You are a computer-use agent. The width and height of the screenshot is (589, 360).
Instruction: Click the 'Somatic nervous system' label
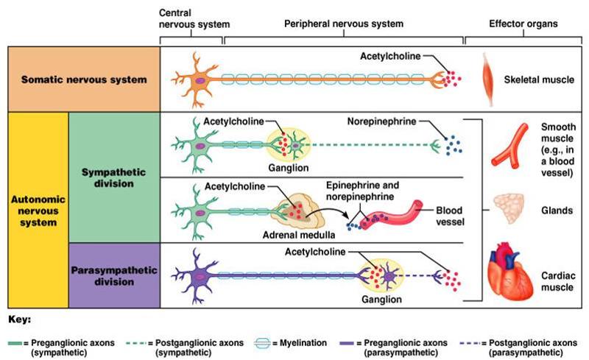[84, 79]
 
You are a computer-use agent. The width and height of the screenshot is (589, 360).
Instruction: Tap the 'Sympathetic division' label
[113, 177]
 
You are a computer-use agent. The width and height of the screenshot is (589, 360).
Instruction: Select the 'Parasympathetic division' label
[114, 275]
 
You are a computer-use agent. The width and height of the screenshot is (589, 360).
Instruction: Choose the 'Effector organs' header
[523, 24]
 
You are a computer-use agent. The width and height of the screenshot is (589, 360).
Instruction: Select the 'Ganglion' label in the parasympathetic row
[381, 300]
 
